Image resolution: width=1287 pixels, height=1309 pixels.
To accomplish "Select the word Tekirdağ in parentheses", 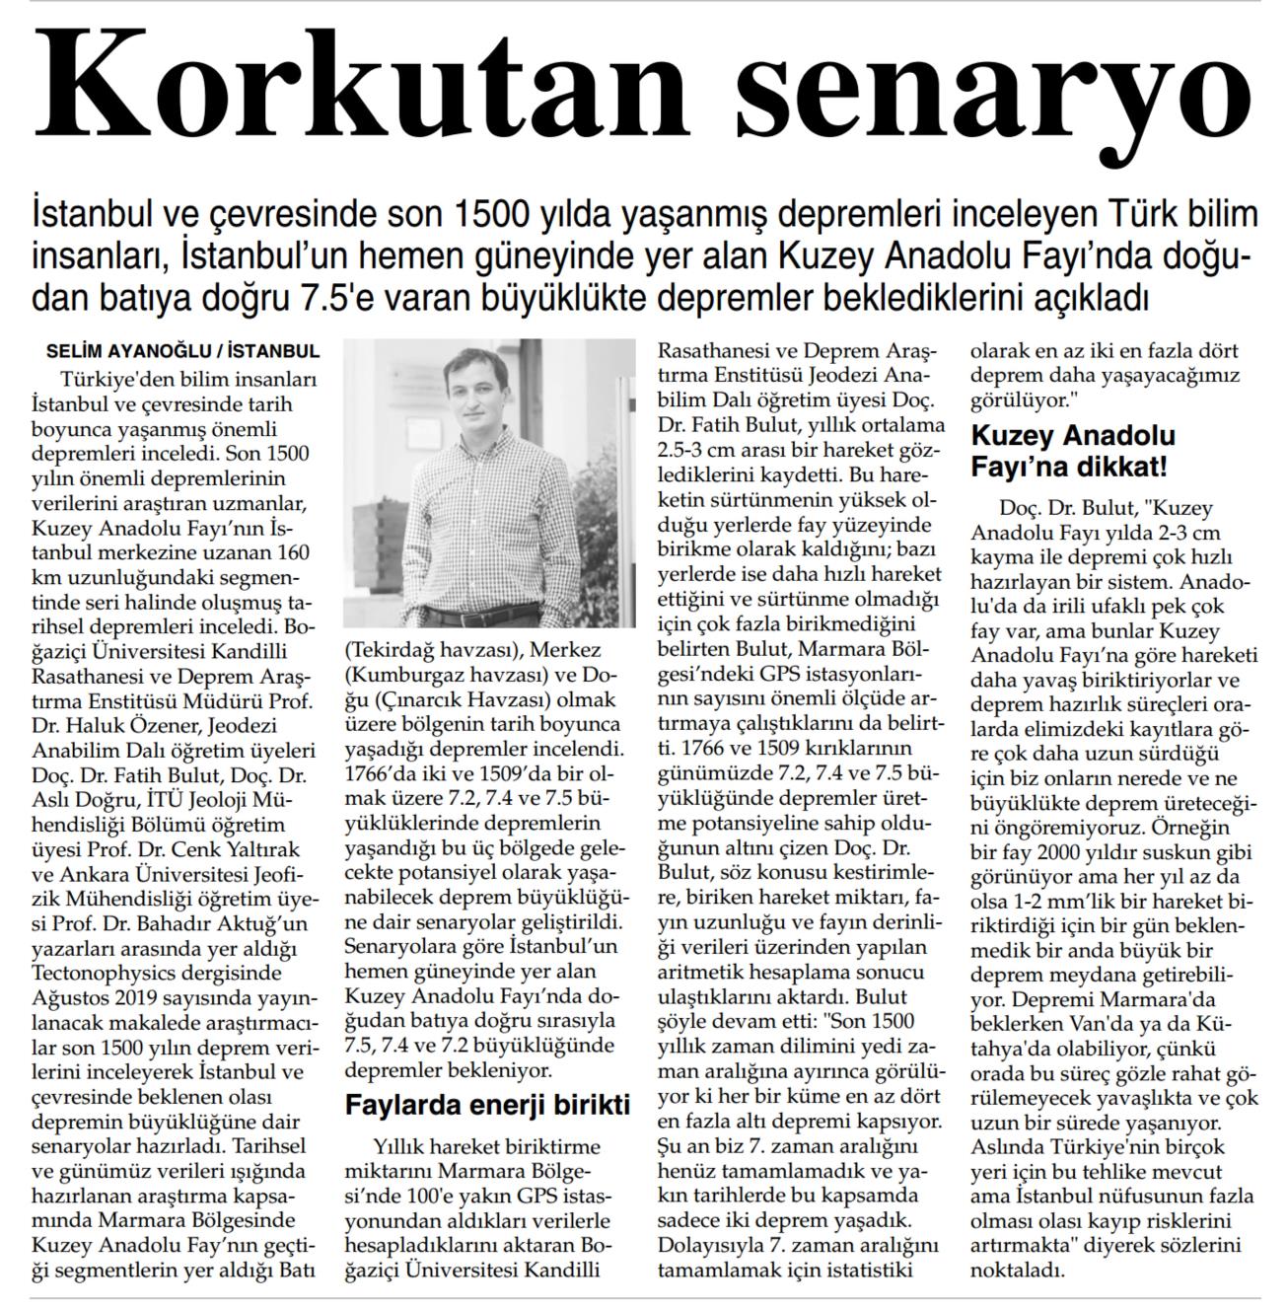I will (395, 651).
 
